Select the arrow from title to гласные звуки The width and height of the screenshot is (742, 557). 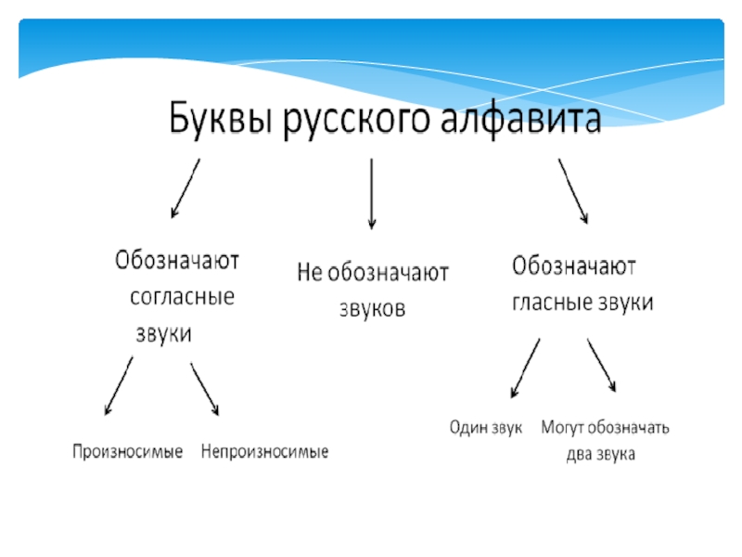pos(572,190)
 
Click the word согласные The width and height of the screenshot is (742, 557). pos(182,298)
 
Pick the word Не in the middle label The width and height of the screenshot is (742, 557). pos(308,273)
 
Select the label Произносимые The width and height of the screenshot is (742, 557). pos(128,452)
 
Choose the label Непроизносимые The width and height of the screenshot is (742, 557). pos(265,452)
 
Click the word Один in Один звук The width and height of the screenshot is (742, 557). pos(467,428)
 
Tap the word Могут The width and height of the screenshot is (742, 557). pos(563,428)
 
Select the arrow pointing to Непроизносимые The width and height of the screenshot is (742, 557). pos(204,388)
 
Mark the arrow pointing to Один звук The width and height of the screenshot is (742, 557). pos(525,369)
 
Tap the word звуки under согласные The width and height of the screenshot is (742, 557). pos(164,334)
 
